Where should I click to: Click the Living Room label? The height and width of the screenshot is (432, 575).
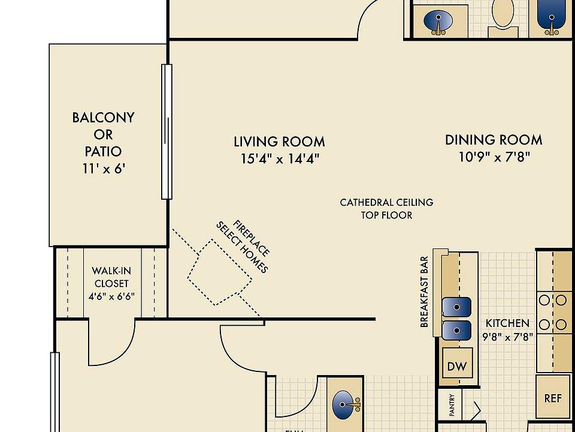(x=279, y=142)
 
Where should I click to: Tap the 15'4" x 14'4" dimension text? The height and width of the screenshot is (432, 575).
(x=279, y=159)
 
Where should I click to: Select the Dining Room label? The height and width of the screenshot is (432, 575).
(x=494, y=140)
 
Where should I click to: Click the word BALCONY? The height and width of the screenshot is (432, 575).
(x=103, y=118)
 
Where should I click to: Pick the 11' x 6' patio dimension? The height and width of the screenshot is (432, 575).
(x=103, y=169)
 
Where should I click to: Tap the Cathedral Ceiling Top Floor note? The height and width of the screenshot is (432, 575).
(x=386, y=209)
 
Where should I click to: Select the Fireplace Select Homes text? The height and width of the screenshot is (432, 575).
(x=243, y=247)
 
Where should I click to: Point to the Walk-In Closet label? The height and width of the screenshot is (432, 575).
(x=110, y=277)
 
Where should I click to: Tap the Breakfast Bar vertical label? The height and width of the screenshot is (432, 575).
(x=424, y=292)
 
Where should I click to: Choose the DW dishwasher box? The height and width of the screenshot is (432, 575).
(x=456, y=366)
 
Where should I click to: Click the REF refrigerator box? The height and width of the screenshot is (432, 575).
(x=552, y=398)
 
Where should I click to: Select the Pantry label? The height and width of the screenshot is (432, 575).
(x=452, y=404)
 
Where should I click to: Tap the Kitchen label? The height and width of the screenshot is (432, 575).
(x=507, y=323)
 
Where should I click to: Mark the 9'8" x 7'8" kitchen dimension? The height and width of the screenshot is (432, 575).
(x=507, y=337)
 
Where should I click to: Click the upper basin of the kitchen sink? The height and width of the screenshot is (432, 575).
(x=456, y=307)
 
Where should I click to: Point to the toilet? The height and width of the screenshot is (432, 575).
(x=503, y=14)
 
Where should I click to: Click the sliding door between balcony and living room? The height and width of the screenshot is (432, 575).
(x=167, y=132)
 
